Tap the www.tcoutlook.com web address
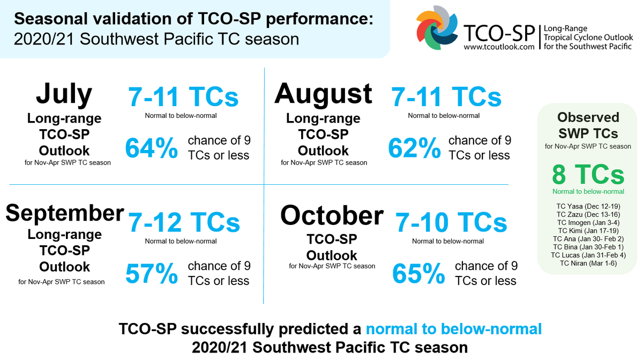(499, 47)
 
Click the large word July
(64, 94)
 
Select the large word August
(323, 94)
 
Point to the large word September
(64, 213)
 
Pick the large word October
(332, 215)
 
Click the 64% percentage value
(152, 148)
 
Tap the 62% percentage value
(414, 148)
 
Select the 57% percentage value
(152, 274)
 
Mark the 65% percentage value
(418, 274)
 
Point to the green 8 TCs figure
(588, 175)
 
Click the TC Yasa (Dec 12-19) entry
(588, 206)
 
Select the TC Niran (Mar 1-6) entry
(588, 263)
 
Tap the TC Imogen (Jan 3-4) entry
(588, 222)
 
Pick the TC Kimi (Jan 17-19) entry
(588, 230)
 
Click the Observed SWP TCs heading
(588, 125)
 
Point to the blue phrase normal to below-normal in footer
(453, 328)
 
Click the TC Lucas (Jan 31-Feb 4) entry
(588, 255)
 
